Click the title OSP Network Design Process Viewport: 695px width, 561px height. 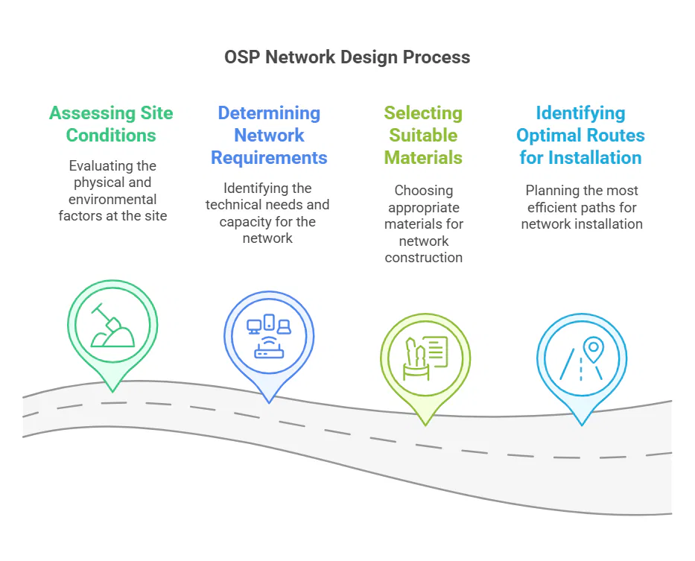(x=347, y=57)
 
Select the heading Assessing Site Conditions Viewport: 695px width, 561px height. (x=111, y=124)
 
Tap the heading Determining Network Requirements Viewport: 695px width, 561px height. (x=269, y=136)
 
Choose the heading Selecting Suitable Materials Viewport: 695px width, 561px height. (x=423, y=136)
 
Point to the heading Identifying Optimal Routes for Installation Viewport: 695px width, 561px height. (x=580, y=136)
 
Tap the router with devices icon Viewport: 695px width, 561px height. (x=269, y=336)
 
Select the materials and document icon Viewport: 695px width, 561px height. (x=425, y=358)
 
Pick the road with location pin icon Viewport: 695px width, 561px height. (x=582, y=358)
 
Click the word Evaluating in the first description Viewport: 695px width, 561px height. (x=95, y=166)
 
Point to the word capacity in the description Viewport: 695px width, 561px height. (x=245, y=222)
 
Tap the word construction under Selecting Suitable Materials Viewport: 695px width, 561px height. (x=424, y=258)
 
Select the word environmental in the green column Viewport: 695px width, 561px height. (x=112, y=199)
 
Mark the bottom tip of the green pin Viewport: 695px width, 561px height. (x=112, y=392)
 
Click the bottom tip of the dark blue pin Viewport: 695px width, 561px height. (x=269, y=403)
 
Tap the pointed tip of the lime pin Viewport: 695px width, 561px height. (x=425, y=425)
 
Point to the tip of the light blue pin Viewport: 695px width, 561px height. (x=582, y=425)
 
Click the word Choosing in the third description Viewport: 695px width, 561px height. (x=424, y=191)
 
